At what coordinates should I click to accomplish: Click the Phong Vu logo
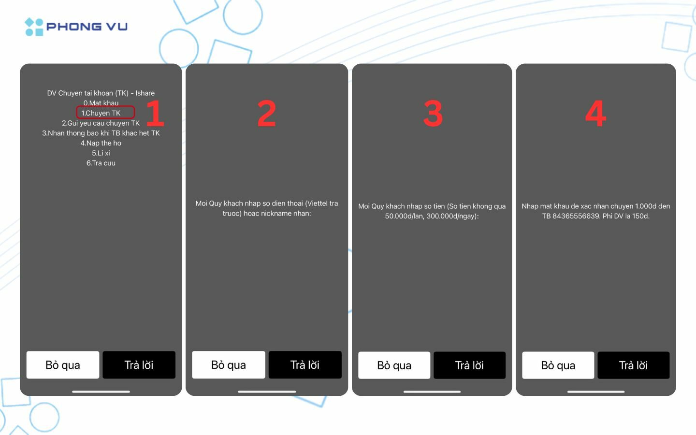[76, 27]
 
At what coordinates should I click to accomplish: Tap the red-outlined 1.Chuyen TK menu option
[105, 113]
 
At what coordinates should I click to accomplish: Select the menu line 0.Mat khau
[101, 103]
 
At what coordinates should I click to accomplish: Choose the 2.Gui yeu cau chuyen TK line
[101, 123]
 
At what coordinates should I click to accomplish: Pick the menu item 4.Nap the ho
[101, 143]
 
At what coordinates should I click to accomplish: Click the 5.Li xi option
[101, 153]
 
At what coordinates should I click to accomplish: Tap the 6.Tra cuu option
[101, 163]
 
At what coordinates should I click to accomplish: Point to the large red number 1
[155, 113]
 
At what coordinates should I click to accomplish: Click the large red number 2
[267, 113]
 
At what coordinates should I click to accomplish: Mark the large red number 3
[433, 113]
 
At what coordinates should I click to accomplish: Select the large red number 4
[595, 113]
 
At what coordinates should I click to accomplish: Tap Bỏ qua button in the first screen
[63, 365]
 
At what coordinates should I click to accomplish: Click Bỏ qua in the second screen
[228, 365]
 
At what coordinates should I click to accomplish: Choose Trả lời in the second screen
[305, 365]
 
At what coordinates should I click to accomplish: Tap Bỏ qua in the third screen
[394, 365]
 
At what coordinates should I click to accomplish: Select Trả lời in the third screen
[469, 365]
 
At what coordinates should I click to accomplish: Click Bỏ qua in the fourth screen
[558, 365]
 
